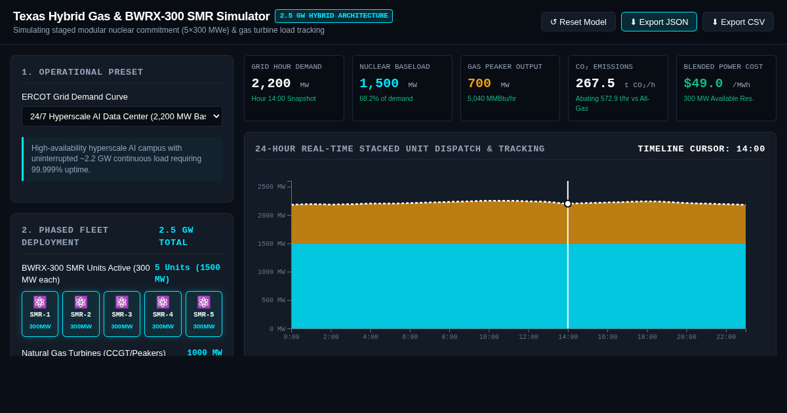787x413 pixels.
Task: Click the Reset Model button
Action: [x=578, y=22]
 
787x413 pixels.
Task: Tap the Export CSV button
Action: [x=738, y=22]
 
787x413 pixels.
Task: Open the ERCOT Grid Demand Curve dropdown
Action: [x=122, y=116]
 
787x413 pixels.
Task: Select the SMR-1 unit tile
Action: [x=40, y=313]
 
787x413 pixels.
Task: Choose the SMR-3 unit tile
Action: [x=122, y=313]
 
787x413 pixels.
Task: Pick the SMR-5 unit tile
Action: [x=204, y=313]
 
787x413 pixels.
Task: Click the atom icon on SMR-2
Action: [x=81, y=302]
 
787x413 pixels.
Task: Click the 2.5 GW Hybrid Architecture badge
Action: [x=334, y=16]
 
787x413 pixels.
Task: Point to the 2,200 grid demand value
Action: [x=271, y=84]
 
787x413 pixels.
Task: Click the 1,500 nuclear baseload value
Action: [x=379, y=84]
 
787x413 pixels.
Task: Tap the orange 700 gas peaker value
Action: [x=479, y=84]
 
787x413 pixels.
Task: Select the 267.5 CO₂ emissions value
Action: [x=595, y=84]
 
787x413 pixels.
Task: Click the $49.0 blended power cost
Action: [x=703, y=84]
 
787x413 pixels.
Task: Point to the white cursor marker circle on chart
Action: [x=568, y=204]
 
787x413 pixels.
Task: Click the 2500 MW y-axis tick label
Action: [x=272, y=187]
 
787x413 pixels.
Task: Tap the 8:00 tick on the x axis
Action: [x=449, y=337]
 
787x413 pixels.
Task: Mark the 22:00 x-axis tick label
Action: [x=726, y=337]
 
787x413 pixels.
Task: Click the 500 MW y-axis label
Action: [x=273, y=300]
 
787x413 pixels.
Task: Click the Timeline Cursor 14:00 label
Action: [x=701, y=149]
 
